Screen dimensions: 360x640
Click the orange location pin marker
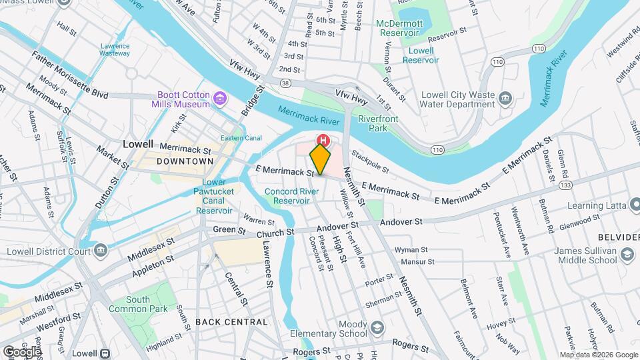pyautogui.click(x=320, y=159)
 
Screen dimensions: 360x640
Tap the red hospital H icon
pyautogui.click(x=323, y=140)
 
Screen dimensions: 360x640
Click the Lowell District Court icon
pyautogui.click(x=101, y=251)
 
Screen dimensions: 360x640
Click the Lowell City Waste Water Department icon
pyautogui.click(x=505, y=99)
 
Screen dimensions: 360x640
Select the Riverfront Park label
pyautogui.click(x=378, y=123)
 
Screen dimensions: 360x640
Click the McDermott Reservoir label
pyautogui.click(x=399, y=27)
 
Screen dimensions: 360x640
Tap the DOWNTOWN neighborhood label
pyautogui.click(x=185, y=161)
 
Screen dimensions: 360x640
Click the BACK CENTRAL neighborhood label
pyautogui.click(x=231, y=322)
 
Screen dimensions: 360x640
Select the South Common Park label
pyautogui.click(x=138, y=305)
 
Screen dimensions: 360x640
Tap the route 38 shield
pyautogui.click(x=285, y=83)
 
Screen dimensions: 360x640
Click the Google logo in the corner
pyautogui.click(x=22, y=351)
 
